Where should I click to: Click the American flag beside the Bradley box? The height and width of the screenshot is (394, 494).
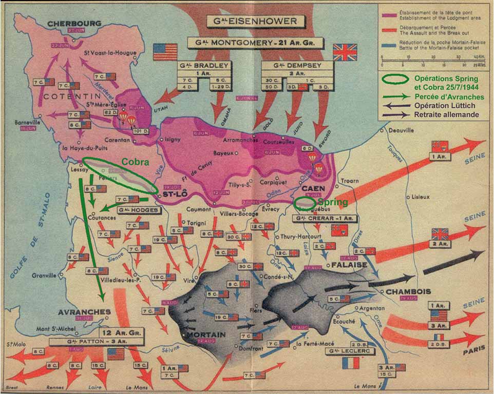(x=165, y=52)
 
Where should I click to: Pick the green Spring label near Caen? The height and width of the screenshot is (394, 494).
(x=333, y=202)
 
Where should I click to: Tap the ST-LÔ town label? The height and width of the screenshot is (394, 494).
(x=173, y=195)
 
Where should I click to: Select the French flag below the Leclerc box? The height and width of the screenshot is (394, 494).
(x=350, y=364)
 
